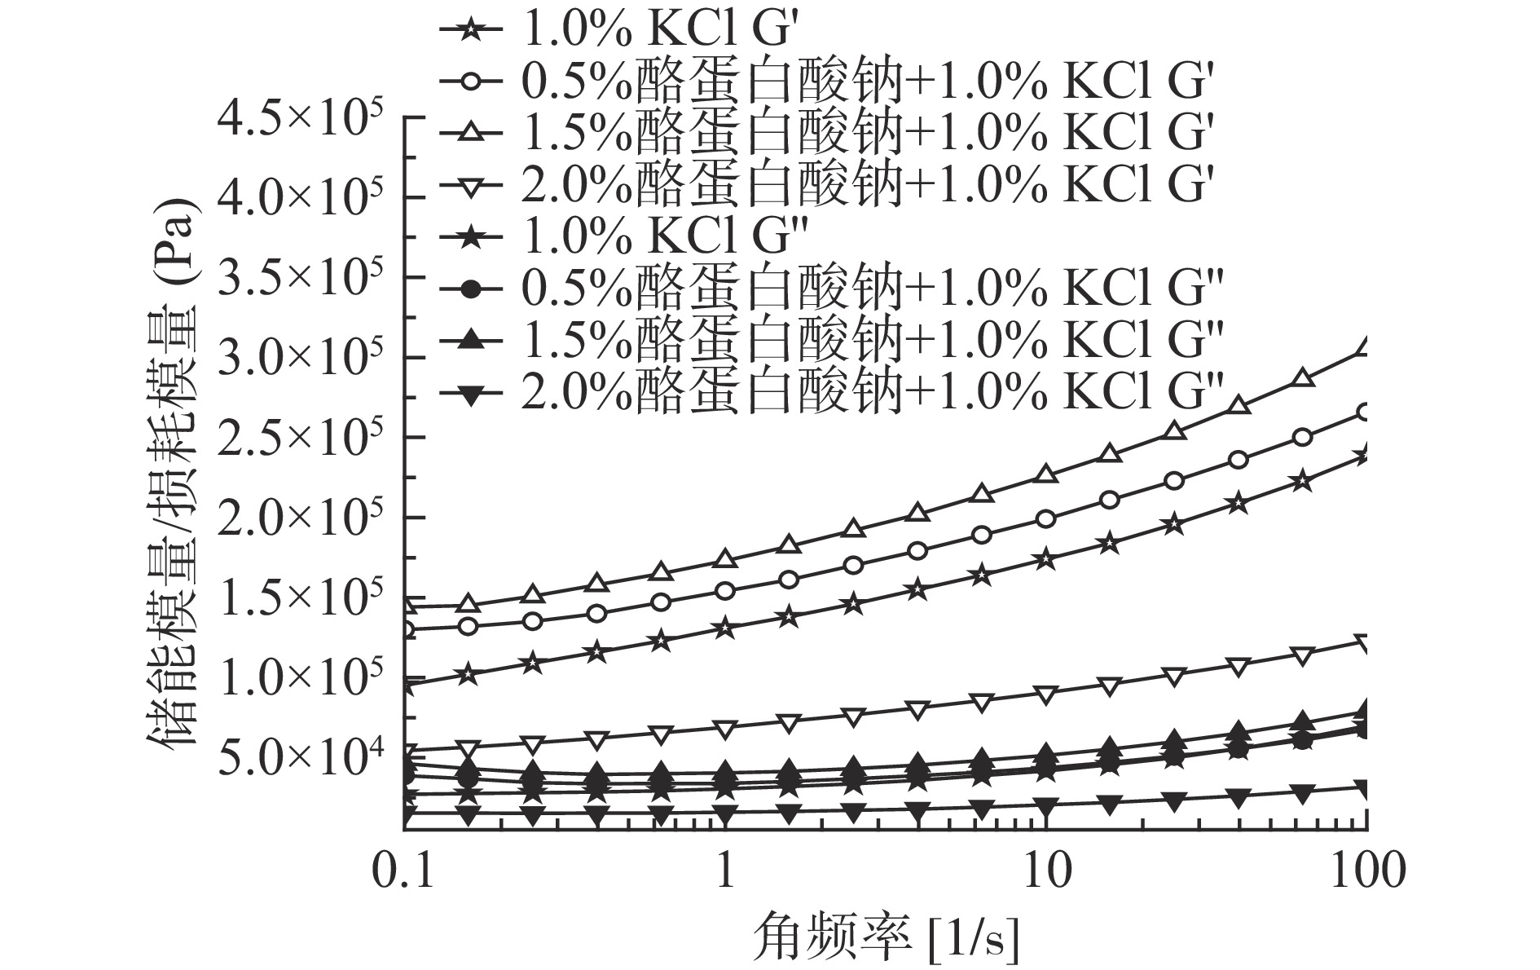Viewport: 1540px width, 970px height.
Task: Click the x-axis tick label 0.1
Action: point(405,871)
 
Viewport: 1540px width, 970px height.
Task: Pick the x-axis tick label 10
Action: point(1046,871)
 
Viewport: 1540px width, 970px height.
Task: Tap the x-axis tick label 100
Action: point(1366,871)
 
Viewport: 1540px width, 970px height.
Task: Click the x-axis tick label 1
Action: point(725,871)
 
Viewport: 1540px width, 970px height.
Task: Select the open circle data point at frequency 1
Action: point(725,591)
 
